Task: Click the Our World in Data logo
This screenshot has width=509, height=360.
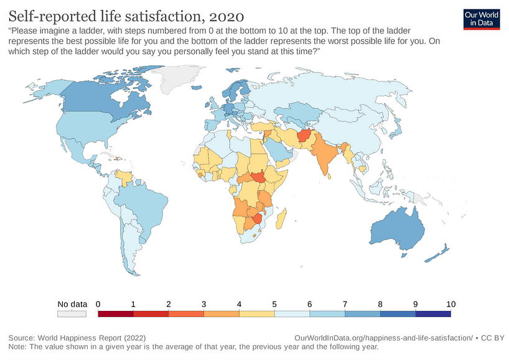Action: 482,19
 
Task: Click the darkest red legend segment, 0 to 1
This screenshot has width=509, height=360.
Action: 116,314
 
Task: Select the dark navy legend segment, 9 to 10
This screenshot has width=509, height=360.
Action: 433,314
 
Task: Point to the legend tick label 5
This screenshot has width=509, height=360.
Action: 275,304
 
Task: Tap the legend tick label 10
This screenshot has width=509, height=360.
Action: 451,304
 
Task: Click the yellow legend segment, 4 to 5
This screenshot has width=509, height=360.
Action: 257,314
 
